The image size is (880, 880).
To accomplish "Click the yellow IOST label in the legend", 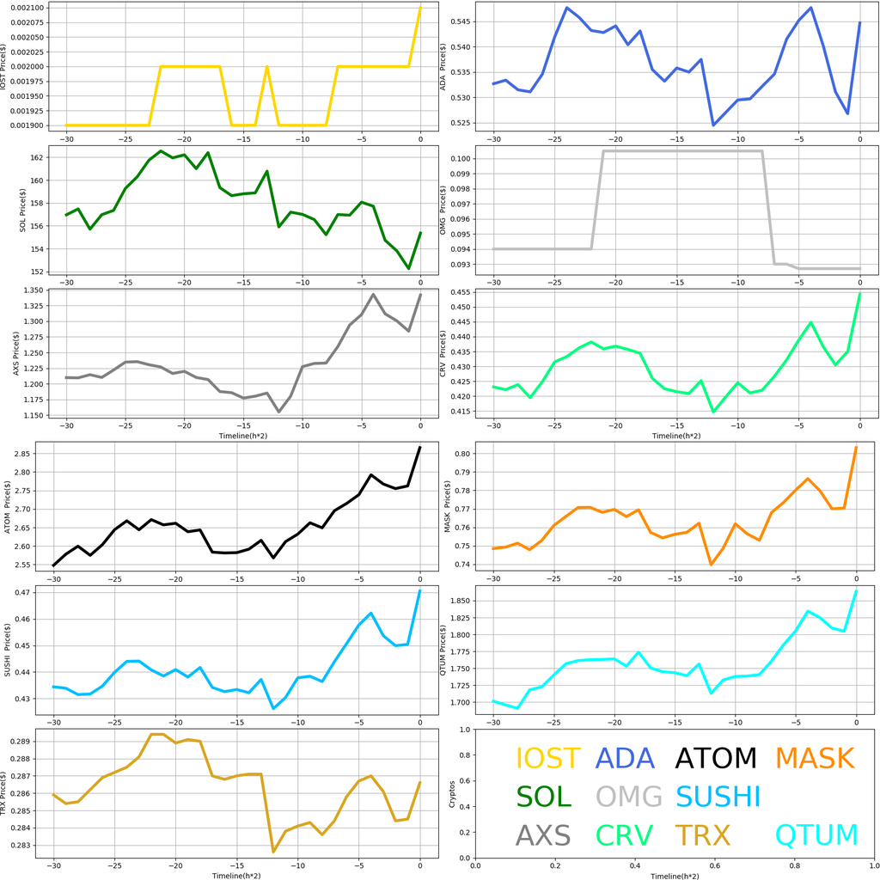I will pos(547,758).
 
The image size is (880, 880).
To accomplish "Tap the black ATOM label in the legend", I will pos(716,758).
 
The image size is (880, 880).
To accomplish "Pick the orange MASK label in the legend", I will pos(814,758).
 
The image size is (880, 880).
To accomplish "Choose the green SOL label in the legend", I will pos(543,797).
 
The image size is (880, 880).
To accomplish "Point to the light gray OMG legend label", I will pos(629,797).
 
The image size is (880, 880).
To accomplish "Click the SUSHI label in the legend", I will pos(718,797).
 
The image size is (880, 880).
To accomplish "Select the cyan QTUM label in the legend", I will pos(816,834).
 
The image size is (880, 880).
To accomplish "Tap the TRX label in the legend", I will pos(702,834).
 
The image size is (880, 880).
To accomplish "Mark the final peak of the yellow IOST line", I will pos(420,8).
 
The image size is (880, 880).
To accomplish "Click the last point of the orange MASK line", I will pos(856,447).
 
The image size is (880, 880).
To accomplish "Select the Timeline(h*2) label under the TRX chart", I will pos(236,874).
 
